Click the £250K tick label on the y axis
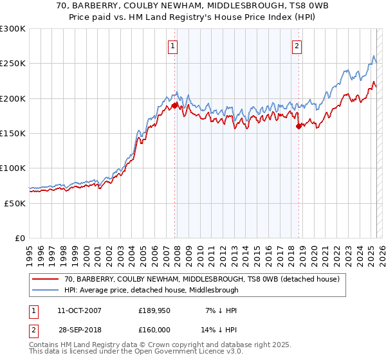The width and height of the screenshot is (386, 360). [x=13, y=64]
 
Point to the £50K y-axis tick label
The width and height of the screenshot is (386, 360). [x=15, y=203]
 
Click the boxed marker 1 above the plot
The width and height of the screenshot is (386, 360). [x=174, y=46]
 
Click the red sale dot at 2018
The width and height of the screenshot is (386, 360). [x=299, y=127]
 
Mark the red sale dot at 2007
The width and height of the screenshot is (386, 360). [x=174, y=105]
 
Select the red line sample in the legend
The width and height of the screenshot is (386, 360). [x=46, y=279]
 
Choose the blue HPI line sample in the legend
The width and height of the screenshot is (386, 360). [x=46, y=290]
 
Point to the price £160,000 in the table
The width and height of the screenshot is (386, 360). [x=154, y=329]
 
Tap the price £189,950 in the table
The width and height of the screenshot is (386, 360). [x=154, y=311]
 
